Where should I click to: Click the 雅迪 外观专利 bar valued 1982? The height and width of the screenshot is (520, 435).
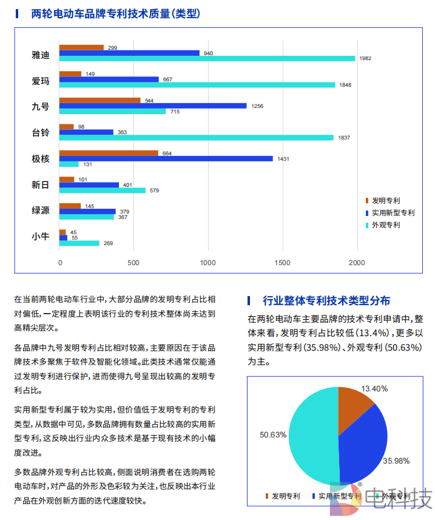(207, 58)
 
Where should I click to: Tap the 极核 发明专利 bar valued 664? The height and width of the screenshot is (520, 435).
(109, 153)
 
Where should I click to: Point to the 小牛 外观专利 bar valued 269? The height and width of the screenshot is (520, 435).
(79, 243)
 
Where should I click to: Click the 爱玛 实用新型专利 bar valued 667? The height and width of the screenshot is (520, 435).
(109, 79)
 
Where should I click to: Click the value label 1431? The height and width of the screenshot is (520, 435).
(283, 159)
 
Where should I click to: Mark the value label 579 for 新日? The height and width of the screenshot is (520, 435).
(154, 191)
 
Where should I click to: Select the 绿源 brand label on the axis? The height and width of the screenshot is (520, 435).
(41, 211)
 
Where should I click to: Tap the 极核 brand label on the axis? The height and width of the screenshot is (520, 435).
(41, 158)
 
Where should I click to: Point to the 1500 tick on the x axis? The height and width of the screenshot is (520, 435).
(283, 263)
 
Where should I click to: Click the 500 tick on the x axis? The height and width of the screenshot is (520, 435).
(134, 263)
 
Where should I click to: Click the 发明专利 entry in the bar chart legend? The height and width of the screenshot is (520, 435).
(385, 201)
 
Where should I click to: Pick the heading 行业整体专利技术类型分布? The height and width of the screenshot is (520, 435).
(326, 300)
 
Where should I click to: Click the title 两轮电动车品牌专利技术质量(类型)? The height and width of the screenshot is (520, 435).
(116, 13)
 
